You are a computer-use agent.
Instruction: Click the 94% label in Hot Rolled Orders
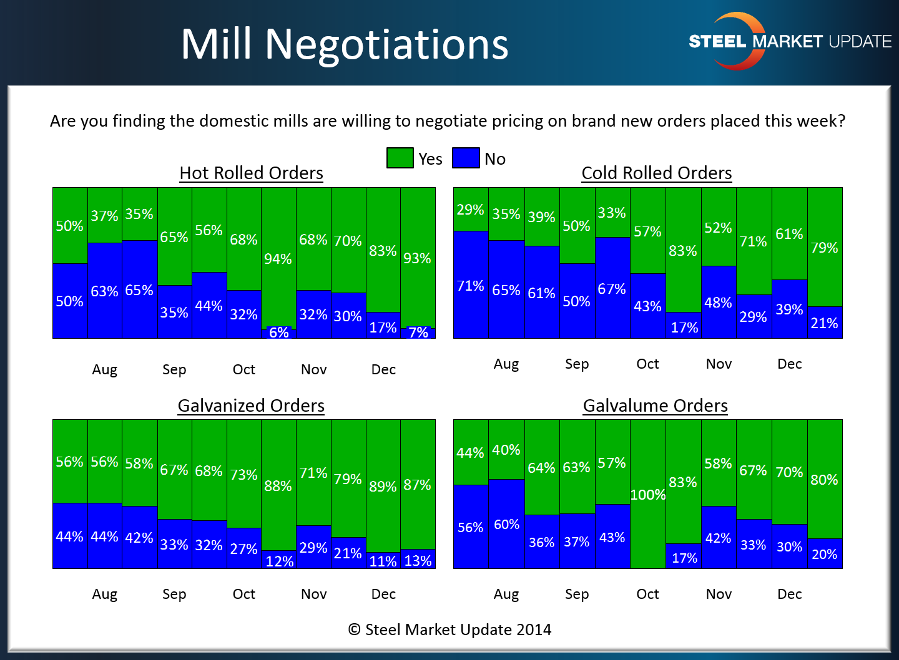pyautogui.click(x=278, y=259)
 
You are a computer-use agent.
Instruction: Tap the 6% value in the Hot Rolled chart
pyautogui.click(x=279, y=332)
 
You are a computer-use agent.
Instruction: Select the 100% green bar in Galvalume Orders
pyautogui.click(x=648, y=494)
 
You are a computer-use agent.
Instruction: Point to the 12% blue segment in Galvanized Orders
pyautogui.click(x=279, y=560)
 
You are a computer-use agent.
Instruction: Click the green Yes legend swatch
pyautogui.click(x=400, y=158)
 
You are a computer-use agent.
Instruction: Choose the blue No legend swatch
pyautogui.click(x=466, y=158)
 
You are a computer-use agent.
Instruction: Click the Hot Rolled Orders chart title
pyautogui.click(x=251, y=173)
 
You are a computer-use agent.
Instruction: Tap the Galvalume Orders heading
pyautogui.click(x=655, y=405)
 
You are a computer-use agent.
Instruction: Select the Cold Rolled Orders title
pyautogui.click(x=656, y=173)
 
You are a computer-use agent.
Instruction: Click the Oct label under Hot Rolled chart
pyautogui.click(x=244, y=369)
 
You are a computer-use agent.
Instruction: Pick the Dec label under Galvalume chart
pyautogui.click(x=789, y=594)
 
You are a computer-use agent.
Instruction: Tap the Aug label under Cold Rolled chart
pyautogui.click(x=506, y=364)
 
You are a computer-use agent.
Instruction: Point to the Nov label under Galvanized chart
pyautogui.click(x=313, y=594)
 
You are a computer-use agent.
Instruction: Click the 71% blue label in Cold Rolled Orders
pyautogui.click(x=471, y=286)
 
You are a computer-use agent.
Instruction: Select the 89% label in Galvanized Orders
pyautogui.click(x=383, y=486)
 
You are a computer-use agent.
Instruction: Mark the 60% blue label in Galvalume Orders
pyautogui.click(x=506, y=524)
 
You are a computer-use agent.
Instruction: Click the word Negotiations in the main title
pyautogui.click(x=386, y=44)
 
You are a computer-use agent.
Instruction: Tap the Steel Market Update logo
pyautogui.click(x=789, y=41)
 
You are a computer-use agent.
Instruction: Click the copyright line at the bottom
pyautogui.click(x=449, y=629)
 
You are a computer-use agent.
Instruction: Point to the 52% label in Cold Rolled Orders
pyautogui.click(x=718, y=228)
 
